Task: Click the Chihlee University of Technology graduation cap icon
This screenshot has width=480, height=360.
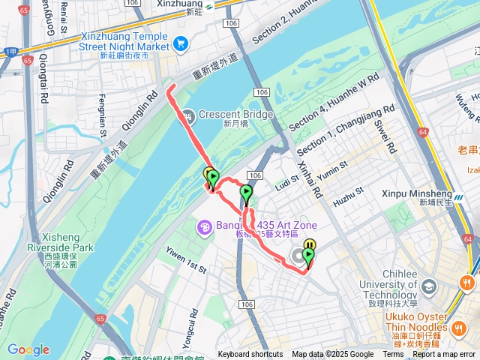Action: [428, 286]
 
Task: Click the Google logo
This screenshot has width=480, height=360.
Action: [28, 349]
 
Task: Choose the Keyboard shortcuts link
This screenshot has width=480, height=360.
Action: [250, 355]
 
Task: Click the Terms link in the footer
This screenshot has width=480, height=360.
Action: [393, 355]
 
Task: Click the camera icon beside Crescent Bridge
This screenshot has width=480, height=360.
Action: [187, 115]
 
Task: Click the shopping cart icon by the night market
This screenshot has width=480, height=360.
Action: [181, 44]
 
